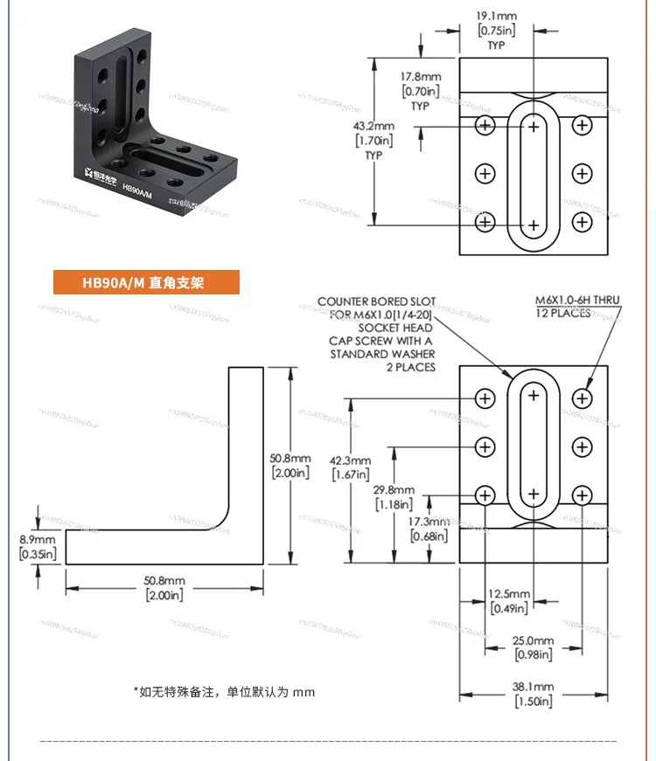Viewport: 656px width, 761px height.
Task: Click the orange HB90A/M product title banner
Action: [146, 282]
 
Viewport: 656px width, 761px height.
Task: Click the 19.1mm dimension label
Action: [496, 16]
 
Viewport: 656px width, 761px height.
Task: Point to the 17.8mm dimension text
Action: [421, 77]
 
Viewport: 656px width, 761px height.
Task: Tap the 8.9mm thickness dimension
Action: [38, 540]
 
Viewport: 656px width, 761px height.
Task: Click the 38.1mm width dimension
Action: [533, 688]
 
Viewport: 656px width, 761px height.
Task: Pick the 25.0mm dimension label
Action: [533, 641]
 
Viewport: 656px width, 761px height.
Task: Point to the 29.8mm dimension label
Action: [393, 490]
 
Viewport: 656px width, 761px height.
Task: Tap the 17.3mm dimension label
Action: [429, 522]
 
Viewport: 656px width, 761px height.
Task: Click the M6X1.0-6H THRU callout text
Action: [577, 301]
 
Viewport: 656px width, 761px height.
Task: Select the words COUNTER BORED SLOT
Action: [376, 301]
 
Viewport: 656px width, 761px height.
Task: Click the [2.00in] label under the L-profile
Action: [164, 595]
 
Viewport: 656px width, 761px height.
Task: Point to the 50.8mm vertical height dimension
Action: [290, 459]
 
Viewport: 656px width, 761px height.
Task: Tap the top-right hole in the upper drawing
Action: [582, 126]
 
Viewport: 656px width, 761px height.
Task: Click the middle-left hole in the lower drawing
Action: [485, 447]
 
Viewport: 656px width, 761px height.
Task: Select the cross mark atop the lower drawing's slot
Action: [534, 396]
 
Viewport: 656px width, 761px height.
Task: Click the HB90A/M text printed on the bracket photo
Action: [138, 187]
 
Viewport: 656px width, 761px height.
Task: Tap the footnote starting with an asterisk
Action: [224, 692]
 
